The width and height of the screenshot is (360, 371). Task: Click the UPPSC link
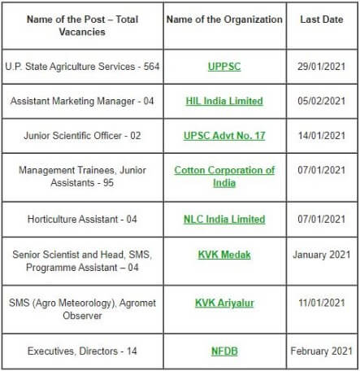point(224,64)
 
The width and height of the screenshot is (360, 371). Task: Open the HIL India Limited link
point(224,101)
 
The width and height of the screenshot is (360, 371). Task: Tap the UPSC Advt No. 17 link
point(224,136)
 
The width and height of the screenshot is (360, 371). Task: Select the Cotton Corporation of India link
point(224,177)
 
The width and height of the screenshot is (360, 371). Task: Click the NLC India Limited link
point(224,219)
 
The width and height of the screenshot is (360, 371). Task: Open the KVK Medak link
point(224,255)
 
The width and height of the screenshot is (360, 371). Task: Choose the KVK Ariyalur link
point(224,303)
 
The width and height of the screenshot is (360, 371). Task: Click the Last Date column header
point(322,19)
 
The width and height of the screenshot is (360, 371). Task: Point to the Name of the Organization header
point(224,19)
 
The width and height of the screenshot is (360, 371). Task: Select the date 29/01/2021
point(322,64)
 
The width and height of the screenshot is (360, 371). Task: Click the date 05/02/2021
point(322,101)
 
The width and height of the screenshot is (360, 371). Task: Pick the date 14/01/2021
point(322,136)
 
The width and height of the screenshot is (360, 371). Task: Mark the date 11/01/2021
point(322,303)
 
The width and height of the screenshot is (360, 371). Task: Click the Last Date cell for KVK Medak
point(322,255)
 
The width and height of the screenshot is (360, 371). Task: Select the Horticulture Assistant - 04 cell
point(81,219)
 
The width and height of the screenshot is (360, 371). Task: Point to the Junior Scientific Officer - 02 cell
point(81,136)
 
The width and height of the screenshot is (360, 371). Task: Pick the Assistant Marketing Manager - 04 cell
point(81,101)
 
